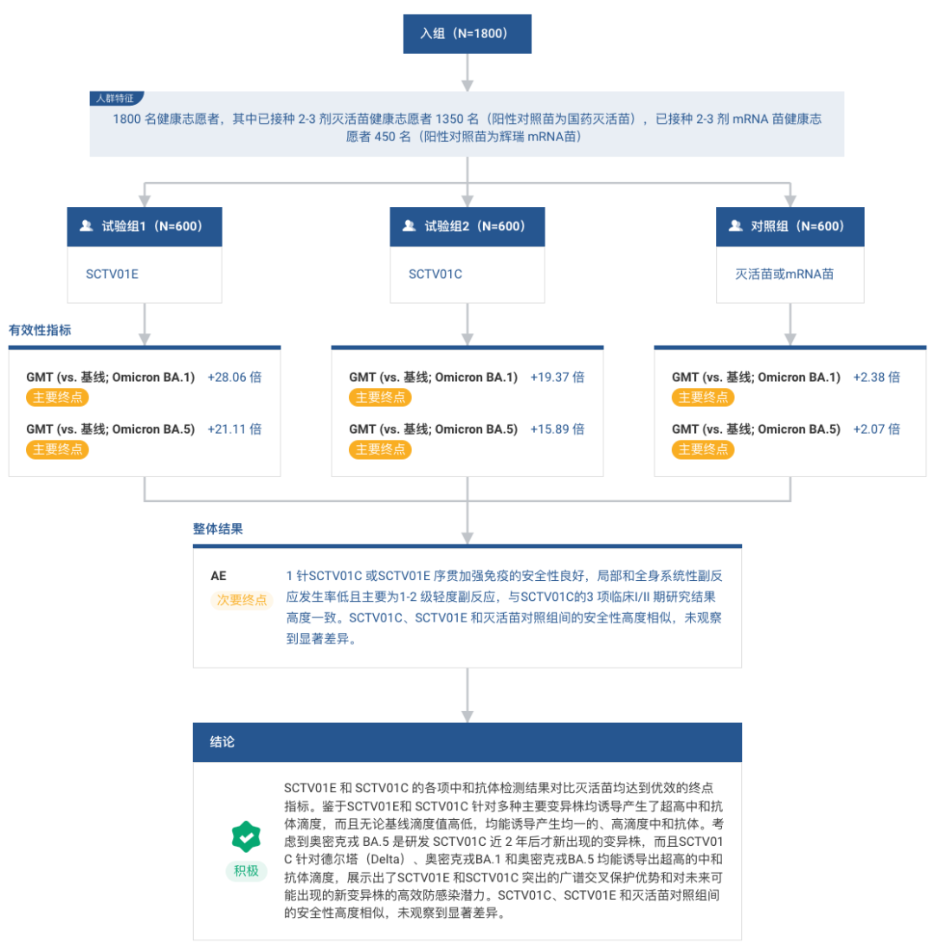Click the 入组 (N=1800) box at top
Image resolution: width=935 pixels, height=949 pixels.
click(467, 34)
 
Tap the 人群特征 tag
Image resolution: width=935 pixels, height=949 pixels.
click(116, 98)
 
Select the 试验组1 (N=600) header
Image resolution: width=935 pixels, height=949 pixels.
click(145, 226)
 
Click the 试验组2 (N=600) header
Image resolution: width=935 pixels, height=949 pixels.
click(467, 226)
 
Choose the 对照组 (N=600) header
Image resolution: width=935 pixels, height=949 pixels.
click(790, 226)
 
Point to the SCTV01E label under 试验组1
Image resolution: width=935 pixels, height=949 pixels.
click(112, 274)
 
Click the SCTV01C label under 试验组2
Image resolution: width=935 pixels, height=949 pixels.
click(435, 274)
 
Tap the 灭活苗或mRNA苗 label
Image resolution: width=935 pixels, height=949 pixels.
click(784, 274)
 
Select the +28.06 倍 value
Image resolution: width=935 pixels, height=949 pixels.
click(235, 377)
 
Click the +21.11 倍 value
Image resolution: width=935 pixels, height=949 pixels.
click(235, 429)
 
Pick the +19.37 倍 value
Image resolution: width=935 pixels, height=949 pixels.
click(558, 377)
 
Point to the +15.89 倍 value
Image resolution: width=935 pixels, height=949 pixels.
click(558, 429)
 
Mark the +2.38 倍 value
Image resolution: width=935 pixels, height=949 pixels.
click(876, 377)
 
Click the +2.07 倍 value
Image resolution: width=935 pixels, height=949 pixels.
click(876, 429)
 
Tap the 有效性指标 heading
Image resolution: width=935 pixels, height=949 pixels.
click(40, 330)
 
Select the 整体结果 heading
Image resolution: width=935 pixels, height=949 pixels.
click(218, 529)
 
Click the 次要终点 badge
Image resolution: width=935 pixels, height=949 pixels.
click(242, 600)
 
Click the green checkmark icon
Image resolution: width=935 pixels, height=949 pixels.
click(246, 836)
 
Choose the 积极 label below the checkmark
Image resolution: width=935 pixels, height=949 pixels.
click(247, 871)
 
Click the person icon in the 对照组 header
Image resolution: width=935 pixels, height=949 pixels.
click(735, 226)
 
